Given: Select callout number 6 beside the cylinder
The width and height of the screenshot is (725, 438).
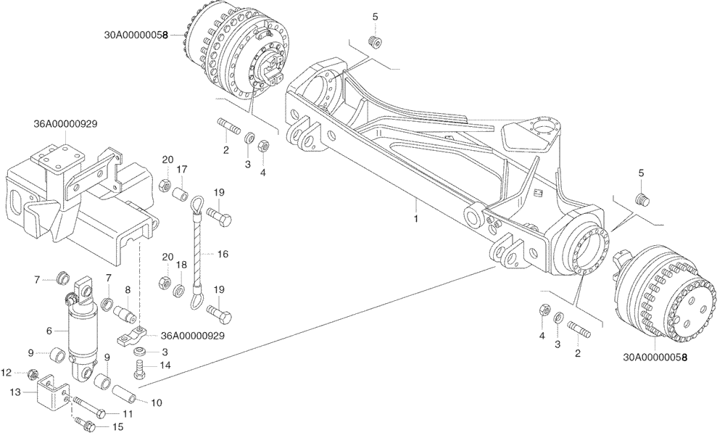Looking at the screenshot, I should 49,331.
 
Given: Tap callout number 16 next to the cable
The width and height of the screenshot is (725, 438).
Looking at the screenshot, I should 223,255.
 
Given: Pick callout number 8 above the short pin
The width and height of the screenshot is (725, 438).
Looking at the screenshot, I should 128,290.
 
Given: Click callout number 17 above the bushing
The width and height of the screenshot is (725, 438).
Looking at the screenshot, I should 183,168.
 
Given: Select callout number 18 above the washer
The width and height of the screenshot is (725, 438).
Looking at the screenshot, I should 182,265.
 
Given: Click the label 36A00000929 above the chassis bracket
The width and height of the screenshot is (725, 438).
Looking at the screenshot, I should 65,123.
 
